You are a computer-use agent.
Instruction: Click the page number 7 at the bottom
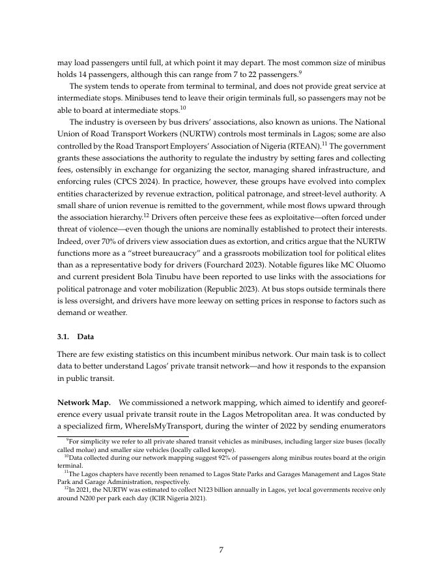click(221, 550)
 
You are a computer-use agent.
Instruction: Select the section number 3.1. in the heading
click(65, 337)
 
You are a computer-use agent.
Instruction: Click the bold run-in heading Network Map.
click(85, 402)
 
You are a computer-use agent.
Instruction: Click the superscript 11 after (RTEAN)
click(323, 143)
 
